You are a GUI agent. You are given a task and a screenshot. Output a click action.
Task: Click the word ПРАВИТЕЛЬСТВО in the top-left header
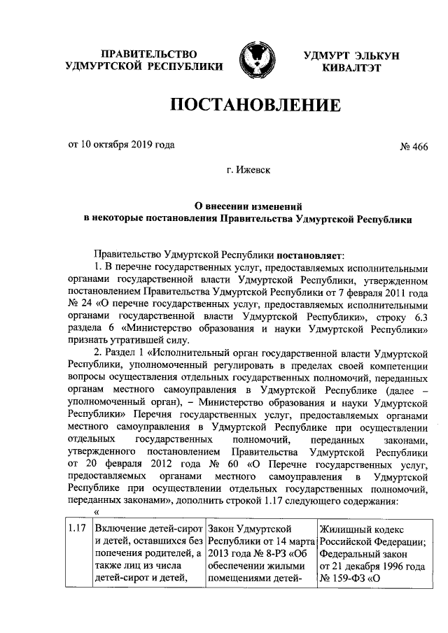click(x=148, y=53)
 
